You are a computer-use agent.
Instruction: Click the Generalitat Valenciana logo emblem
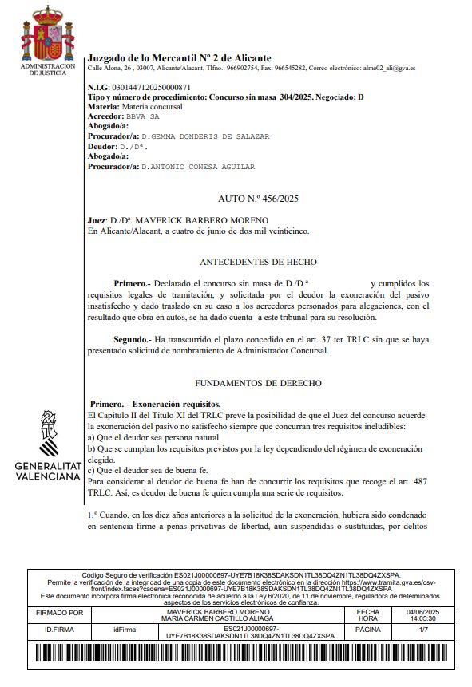[49, 432]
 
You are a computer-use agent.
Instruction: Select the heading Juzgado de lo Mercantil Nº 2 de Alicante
[179, 58]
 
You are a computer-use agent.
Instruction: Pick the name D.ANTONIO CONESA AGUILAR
[197, 167]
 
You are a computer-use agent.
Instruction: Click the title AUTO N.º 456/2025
[257, 198]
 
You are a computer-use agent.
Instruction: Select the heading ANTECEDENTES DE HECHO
[257, 262]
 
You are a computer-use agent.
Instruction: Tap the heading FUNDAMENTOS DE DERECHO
[257, 383]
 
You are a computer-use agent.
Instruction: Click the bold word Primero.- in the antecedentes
[133, 283]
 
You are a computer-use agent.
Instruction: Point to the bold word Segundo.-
[133, 339]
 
